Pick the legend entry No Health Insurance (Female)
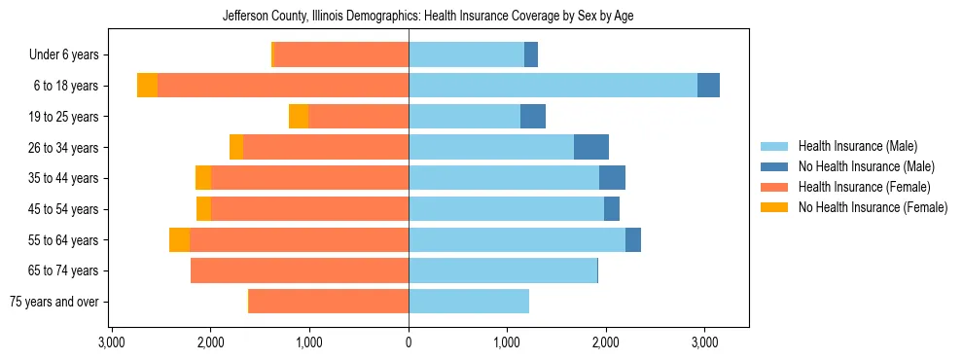[x=873, y=207]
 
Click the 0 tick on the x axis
[x=409, y=343]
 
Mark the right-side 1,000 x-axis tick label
[x=507, y=343]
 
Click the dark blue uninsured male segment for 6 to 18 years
[x=708, y=86]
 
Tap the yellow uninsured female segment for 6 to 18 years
[x=147, y=86]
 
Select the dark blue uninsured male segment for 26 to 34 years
[x=591, y=147]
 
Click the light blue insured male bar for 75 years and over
[x=469, y=302]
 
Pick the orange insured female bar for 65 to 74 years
[x=300, y=270]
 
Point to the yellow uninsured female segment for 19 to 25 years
[x=299, y=117]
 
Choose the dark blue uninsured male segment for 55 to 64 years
[x=633, y=239]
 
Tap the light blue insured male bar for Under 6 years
[x=466, y=54]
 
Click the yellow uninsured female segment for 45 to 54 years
[x=203, y=209]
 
